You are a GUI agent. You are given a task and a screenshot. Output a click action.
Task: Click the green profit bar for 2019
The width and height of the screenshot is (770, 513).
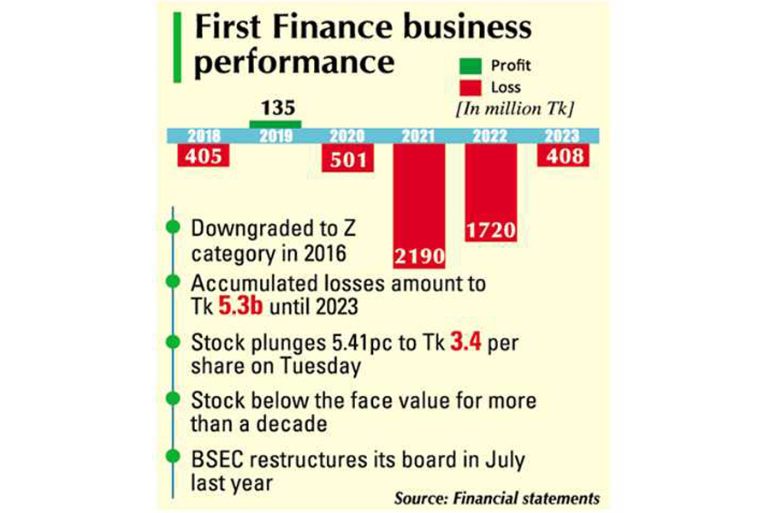pyautogui.click(x=275, y=125)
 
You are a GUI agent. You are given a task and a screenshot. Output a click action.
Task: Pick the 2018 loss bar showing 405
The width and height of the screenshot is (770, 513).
pyautogui.click(x=203, y=156)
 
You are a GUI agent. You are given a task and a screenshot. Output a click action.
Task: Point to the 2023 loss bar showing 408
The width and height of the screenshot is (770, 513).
pyautogui.click(x=561, y=156)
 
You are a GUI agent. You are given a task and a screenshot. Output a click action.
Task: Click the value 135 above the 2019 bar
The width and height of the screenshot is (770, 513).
pyautogui.click(x=275, y=109)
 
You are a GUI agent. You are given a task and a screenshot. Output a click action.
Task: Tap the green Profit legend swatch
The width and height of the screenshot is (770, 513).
pyautogui.click(x=470, y=66)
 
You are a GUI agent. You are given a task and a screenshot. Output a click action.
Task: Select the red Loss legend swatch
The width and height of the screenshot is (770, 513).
pyautogui.click(x=470, y=86)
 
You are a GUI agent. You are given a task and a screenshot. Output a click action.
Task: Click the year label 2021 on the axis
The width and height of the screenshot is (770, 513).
pyautogui.click(x=418, y=135)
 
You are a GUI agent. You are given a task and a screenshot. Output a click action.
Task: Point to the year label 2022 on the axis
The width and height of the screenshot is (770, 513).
pyautogui.click(x=490, y=135)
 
